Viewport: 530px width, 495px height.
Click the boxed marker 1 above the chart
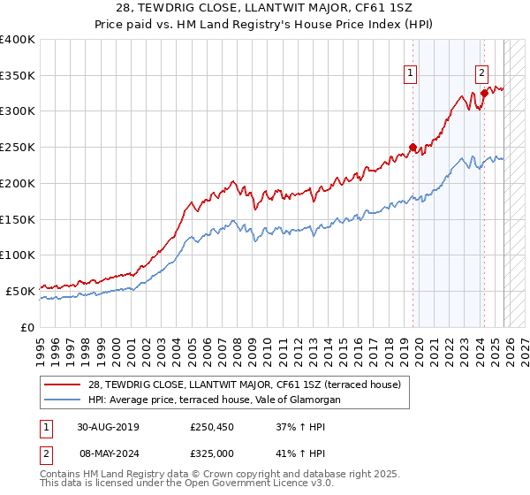pos(412,74)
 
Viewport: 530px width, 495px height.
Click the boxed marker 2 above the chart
pos(482,74)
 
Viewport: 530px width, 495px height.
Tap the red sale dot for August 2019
pos(413,147)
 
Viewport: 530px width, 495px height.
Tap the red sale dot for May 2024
pos(484,93)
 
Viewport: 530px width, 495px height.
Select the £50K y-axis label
pos(21,290)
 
